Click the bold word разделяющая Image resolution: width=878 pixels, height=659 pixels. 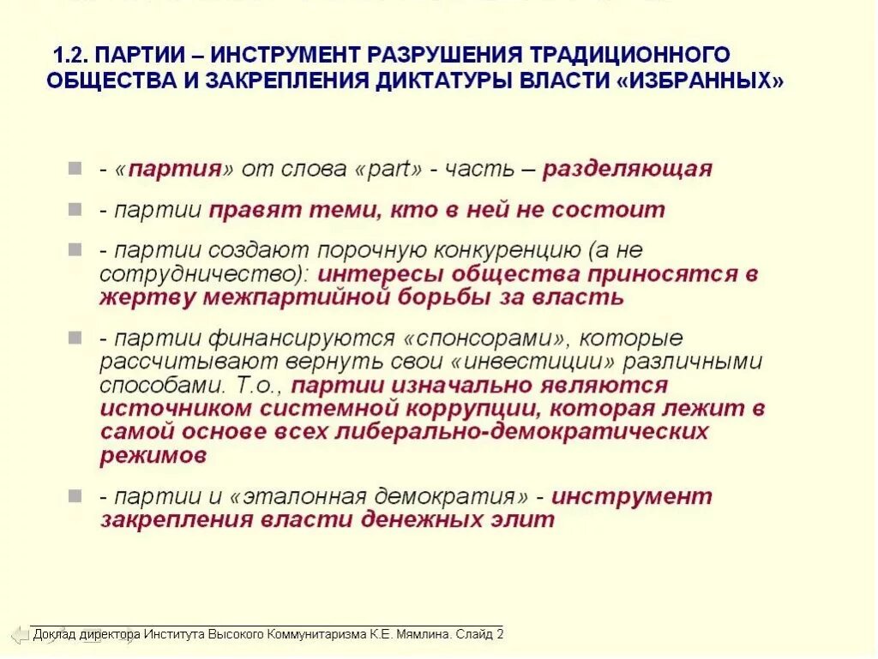(627, 168)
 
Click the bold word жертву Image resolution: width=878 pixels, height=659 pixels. (147, 297)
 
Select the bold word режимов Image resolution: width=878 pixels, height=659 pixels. (153, 455)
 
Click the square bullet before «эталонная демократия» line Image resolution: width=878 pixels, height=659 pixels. (76, 496)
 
